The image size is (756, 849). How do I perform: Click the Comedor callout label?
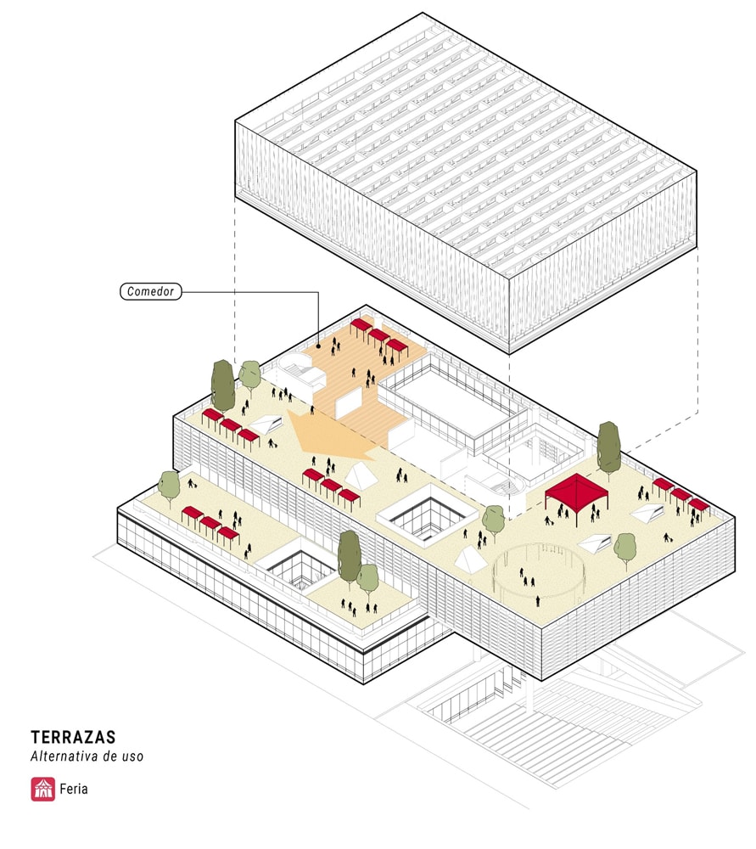tap(150, 292)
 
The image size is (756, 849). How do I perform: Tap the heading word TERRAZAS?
tap(72, 737)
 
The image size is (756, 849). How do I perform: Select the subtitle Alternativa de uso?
tap(87, 756)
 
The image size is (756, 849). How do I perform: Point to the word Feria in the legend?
tap(74, 790)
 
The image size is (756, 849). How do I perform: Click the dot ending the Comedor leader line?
tap(317, 346)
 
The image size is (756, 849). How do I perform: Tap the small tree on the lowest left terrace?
tap(170, 486)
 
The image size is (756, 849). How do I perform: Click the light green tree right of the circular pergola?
tap(625, 548)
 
